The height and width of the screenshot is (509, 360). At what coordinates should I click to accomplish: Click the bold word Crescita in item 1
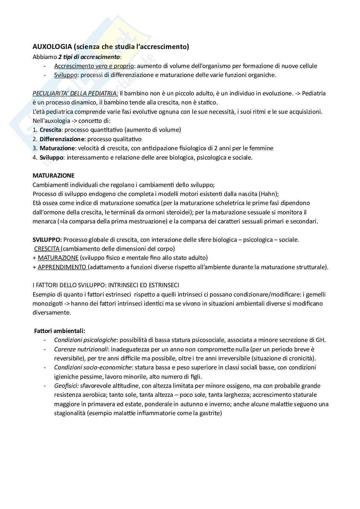pyautogui.click(x=50, y=130)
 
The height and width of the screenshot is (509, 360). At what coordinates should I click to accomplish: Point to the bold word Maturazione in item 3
pyautogui.click(x=57, y=148)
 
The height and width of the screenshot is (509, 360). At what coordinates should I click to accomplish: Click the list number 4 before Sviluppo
pyautogui.click(x=35, y=158)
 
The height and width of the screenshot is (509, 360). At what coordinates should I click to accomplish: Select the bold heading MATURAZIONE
pyautogui.click(x=54, y=176)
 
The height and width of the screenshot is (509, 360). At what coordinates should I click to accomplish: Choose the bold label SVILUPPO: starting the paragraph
pyautogui.click(x=47, y=240)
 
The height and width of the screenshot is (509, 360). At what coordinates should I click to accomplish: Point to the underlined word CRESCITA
pyautogui.click(x=47, y=249)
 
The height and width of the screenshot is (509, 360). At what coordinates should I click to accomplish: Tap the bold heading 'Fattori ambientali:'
pyautogui.click(x=60, y=331)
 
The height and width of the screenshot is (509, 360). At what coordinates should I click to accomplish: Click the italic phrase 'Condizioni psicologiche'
pyautogui.click(x=85, y=340)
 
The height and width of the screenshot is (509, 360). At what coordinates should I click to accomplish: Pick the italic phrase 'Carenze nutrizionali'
pyautogui.click(x=81, y=349)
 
